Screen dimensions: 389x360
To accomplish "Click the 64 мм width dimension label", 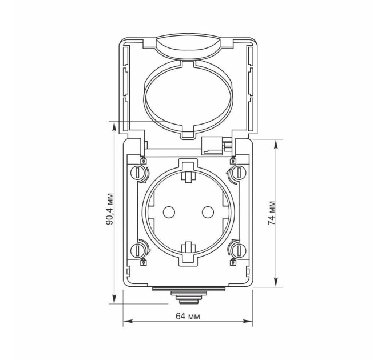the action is (x=188, y=317).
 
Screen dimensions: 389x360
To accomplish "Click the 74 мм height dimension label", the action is (x=272, y=213).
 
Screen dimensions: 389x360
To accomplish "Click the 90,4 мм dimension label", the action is (x=109, y=209).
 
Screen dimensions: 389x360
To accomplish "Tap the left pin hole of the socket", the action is (x=169, y=212).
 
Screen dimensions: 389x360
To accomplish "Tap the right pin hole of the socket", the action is (x=208, y=212).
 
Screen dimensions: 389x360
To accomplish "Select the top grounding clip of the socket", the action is (x=189, y=176).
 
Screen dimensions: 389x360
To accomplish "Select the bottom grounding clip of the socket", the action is (x=189, y=249).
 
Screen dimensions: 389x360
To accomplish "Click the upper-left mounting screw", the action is (x=137, y=173).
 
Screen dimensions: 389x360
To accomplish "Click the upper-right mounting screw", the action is (x=239, y=173).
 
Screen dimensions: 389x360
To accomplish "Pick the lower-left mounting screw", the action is (x=137, y=251).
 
